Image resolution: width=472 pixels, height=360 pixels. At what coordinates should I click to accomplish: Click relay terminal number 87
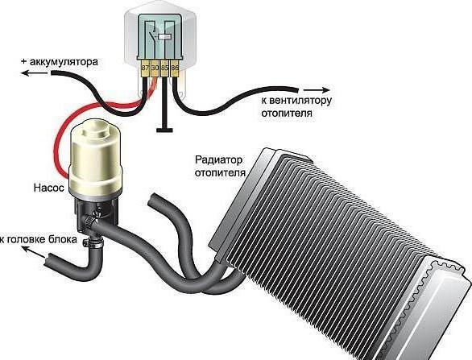[145, 68]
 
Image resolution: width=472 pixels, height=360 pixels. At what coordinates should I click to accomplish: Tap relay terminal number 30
[155, 68]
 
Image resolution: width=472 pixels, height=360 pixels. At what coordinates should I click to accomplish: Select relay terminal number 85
[164, 68]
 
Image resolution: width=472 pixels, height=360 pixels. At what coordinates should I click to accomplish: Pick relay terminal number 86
[175, 68]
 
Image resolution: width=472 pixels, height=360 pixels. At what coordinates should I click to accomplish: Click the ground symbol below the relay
[164, 130]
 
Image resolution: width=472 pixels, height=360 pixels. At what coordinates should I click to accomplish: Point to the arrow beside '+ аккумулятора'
[30, 72]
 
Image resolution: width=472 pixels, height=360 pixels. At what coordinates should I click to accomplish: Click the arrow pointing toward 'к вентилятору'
[317, 89]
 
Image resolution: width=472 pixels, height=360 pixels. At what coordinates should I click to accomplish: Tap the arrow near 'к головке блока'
[34, 252]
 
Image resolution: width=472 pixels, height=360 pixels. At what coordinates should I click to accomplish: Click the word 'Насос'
[49, 188]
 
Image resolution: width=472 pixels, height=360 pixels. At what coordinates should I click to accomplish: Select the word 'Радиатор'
[218, 159]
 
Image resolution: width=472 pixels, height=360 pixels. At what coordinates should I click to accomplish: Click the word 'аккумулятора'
[64, 62]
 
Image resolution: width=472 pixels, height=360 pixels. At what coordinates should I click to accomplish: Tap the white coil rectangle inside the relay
[164, 37]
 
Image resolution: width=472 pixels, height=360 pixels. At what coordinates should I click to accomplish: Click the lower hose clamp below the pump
[93, 241]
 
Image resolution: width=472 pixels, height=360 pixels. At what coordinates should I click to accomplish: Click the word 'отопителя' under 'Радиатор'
[220, 173]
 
